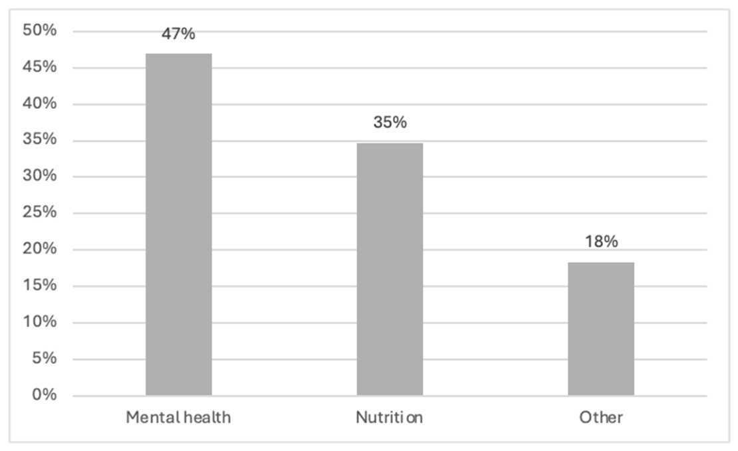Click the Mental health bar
pos(178,225)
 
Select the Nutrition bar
pos(390,269)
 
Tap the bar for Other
pos(601,329)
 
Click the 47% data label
pos(178,34)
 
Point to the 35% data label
pos(390,122)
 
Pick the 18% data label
pos(601,242)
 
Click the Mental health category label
pos(178,418)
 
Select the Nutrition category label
pos(389,418)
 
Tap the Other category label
pos(601,418)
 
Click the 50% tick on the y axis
pos(39,30)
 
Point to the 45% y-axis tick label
pos(39,67)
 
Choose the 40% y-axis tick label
pos(39,103)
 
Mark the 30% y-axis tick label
pos(39,176)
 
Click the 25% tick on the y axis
pos(39,212)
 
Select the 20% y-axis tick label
pos(39,249)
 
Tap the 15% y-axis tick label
pos(39,285)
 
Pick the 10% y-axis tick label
pos(39,321)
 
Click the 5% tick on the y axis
pos(45,359)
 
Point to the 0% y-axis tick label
pos(45,395)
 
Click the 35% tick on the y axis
pos(39,139)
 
